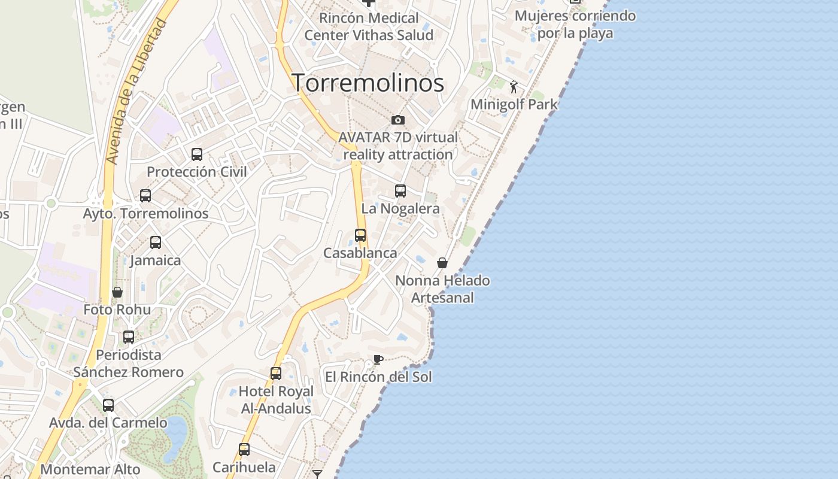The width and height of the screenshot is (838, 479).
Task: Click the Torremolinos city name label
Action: tap(368, 83)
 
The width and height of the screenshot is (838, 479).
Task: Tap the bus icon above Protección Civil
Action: tap(197, 154)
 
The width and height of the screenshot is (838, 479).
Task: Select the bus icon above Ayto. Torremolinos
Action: tap(145, 196)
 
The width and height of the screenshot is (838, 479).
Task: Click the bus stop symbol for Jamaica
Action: tap(156, 242)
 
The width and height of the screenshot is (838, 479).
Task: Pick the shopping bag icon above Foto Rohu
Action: tap(117, 292)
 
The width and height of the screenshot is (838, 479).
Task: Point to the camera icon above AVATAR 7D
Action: tap(397, 120)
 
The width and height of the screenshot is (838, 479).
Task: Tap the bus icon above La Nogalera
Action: tap(400, 191)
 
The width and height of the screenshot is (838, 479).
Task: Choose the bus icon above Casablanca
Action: tap(360, 235)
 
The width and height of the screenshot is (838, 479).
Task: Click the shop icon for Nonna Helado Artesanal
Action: tap(442, 263)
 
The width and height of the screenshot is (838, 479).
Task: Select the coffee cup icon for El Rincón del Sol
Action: tap(378, 359)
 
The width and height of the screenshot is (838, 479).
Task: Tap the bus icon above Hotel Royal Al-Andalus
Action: tap(276, 374)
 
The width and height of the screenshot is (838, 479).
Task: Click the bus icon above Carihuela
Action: tap(244, 450)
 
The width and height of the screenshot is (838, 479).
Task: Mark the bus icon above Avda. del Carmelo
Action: tap(108, 405)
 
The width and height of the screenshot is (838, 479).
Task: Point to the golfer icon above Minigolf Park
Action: tap(514, 87)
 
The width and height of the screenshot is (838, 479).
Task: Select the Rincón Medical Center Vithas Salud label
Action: tap(369, 27)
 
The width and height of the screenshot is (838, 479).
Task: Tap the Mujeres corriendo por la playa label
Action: tap(575, 25)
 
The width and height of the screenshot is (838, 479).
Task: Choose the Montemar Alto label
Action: tap(90, 470)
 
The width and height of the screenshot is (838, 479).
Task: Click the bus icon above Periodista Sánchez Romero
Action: tap(129, 337)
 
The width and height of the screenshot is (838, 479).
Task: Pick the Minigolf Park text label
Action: tap(514, 104)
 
